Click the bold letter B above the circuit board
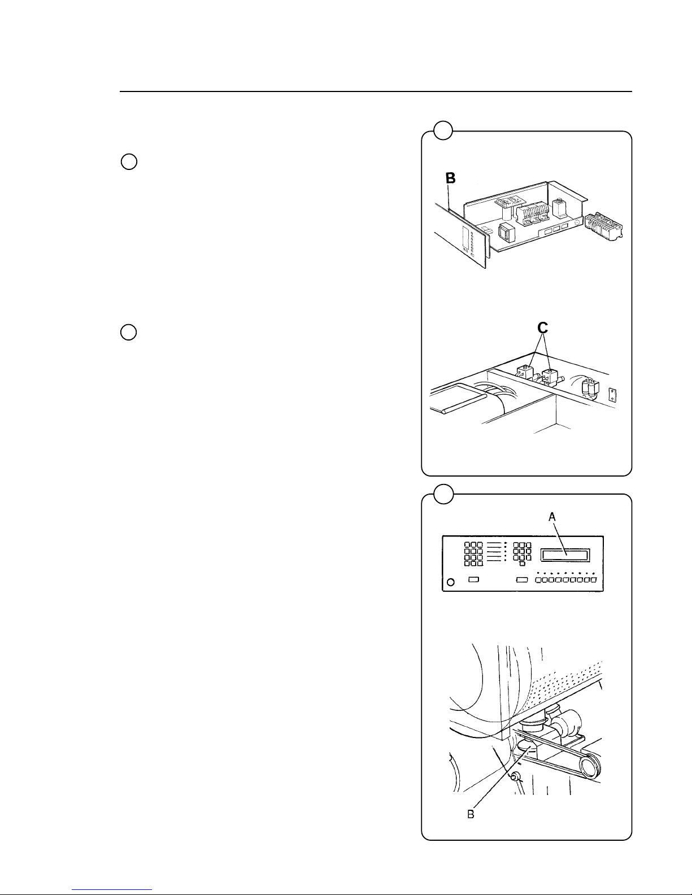point(450,178)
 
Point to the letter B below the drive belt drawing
point(469,814)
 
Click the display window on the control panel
point(565,556)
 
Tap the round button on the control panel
point(450,582)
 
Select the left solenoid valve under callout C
point(525,372)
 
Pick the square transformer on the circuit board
point(507,231)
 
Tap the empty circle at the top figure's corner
point(443,131)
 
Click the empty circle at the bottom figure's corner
point(443,494)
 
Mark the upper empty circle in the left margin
point(129,161)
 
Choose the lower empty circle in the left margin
point(129,332)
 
